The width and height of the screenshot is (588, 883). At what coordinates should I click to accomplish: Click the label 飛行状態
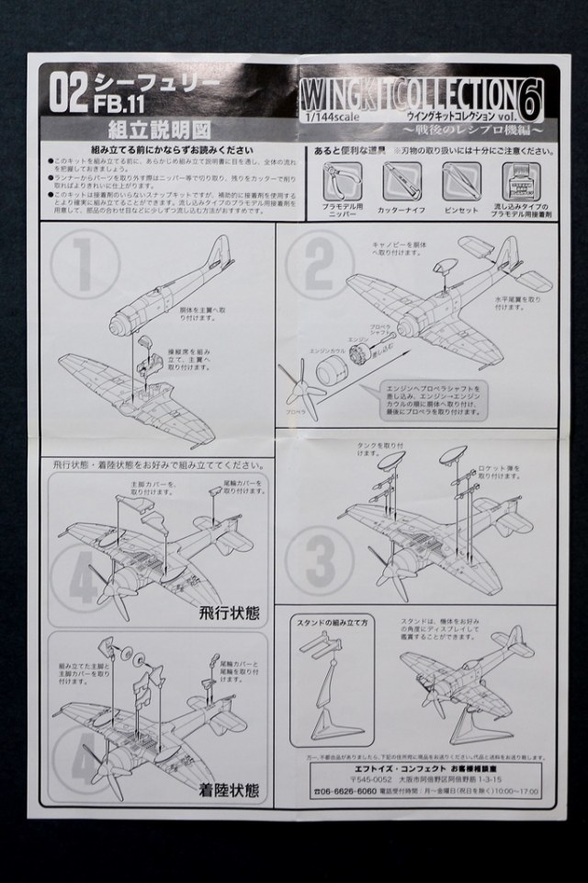click(x=226, y=615)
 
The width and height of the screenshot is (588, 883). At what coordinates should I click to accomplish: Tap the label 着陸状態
click(x=226, y=789)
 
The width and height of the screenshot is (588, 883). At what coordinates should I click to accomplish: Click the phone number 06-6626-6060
click(x=346, y=790)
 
